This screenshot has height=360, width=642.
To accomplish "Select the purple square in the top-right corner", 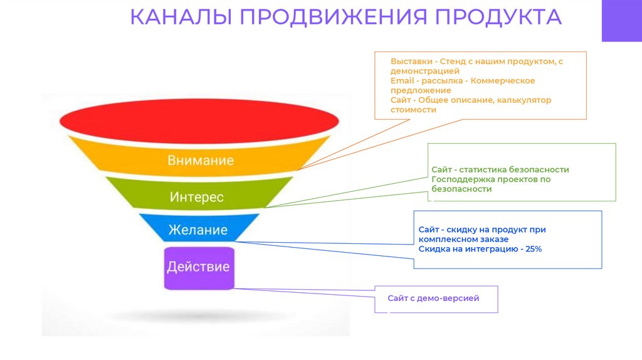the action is [621, 20].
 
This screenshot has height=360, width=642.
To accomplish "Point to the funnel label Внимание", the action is [200, 160].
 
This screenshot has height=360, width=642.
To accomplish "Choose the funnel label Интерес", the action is [196, 197].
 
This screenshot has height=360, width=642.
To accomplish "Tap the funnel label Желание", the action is [197, 230].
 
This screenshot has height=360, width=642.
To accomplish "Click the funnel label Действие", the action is [198, 267].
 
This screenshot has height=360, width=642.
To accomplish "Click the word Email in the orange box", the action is [401, 81].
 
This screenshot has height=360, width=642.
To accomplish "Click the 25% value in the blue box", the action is [533, 249].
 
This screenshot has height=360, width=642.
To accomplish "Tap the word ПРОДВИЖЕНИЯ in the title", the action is [325, 17].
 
